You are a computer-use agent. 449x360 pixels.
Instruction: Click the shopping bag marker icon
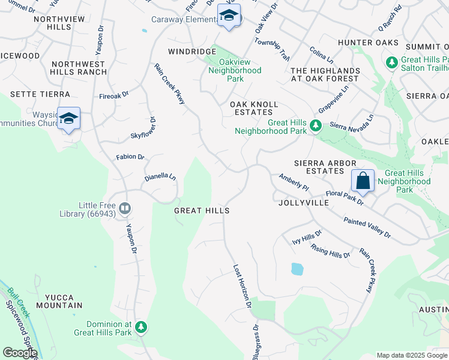point(363,180)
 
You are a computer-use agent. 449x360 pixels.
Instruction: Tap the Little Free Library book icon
point(125,208)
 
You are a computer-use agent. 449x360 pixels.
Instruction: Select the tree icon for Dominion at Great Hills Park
point(141,327)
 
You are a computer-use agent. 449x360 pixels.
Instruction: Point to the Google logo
point(20,353)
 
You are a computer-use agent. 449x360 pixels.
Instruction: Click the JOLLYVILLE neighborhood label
point(304,203)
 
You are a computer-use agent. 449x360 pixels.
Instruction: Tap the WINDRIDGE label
point(191,52)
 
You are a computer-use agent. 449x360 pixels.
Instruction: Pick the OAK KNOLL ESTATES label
point(255,108)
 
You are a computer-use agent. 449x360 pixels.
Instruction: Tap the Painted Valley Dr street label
point(367,228)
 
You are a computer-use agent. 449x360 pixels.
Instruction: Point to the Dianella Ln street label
point(160,178)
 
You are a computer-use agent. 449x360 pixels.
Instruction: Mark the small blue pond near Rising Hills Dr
point(297,269)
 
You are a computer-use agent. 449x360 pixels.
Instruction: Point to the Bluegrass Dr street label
point(256,343)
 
